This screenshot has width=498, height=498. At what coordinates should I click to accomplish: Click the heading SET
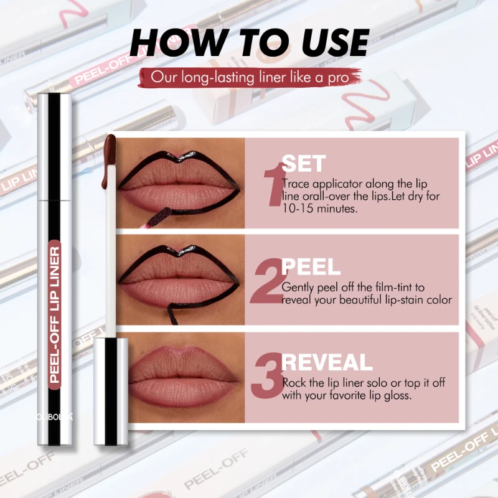click(303, 164)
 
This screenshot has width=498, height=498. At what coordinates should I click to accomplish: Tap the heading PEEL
click(311, 267)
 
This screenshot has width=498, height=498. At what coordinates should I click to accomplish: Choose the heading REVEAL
click(327, 362)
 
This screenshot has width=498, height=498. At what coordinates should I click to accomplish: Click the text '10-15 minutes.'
click(311, 209)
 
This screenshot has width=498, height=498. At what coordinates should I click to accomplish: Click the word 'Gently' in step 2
click(298, 288)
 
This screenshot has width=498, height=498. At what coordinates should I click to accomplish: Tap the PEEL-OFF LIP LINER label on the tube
click(54, 311)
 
